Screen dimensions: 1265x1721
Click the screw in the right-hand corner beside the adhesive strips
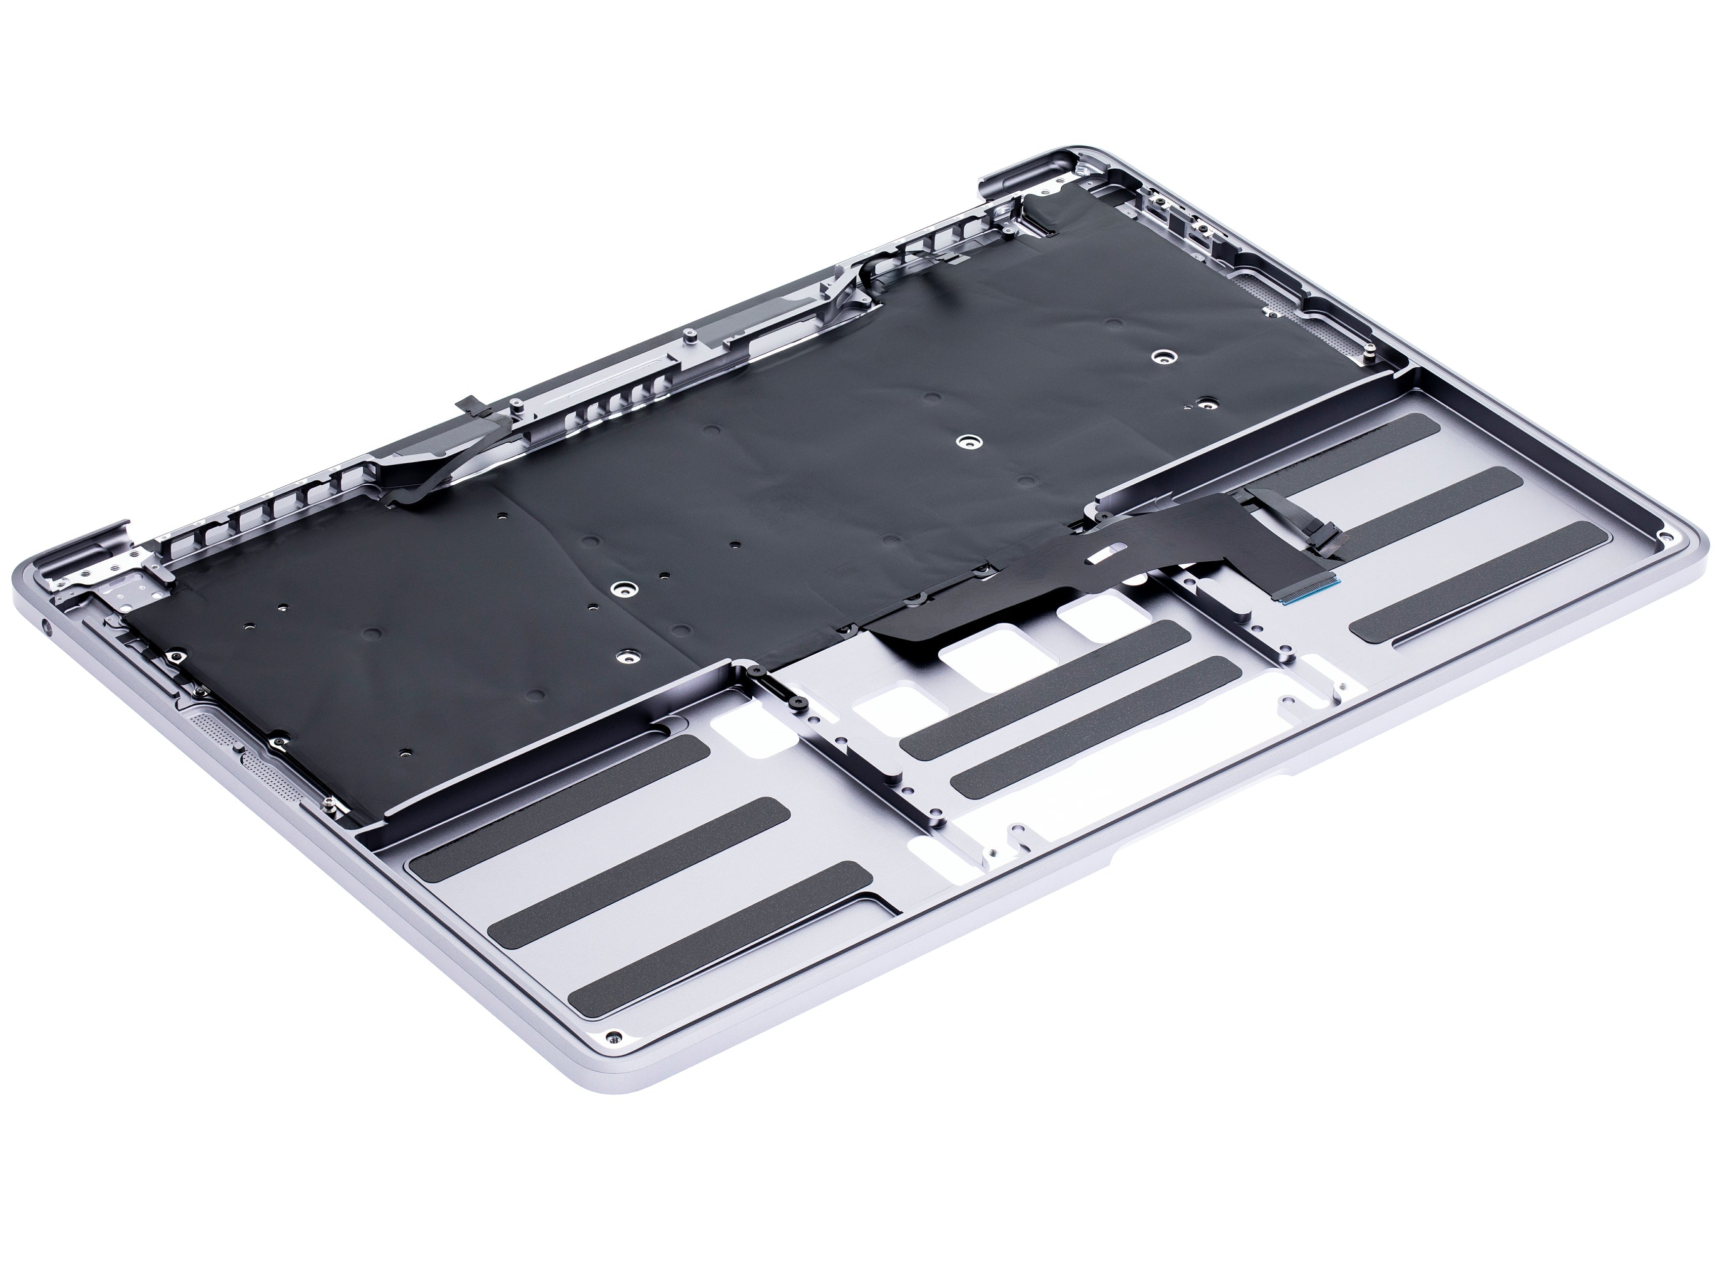[1661, 535]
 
